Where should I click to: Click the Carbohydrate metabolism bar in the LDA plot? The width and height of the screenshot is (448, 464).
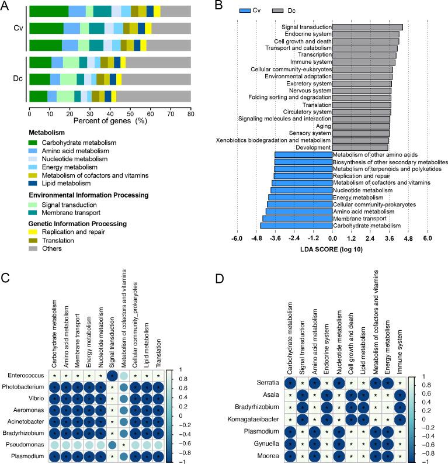(296, 225)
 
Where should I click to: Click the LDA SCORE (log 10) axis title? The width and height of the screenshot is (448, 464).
(332, 249)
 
